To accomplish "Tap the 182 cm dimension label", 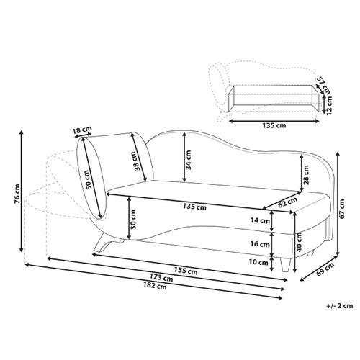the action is point(155,286).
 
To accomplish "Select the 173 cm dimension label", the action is point(161,278).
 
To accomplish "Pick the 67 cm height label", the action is point(342,209).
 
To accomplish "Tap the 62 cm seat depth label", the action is point(288,202).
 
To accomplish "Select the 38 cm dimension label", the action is point(138,161).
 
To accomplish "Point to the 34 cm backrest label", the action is point(189,160).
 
